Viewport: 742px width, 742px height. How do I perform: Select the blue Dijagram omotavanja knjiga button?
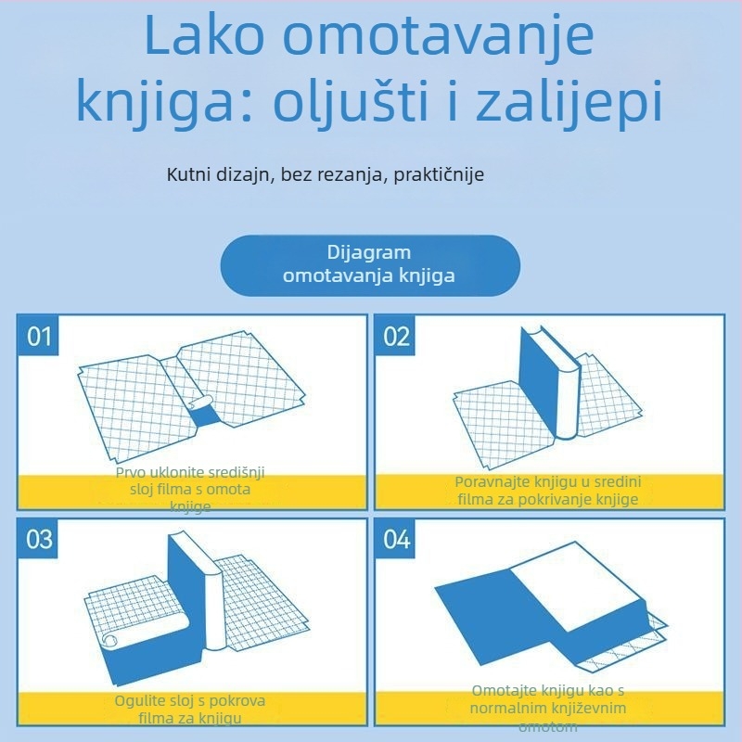click(x=369, y=264)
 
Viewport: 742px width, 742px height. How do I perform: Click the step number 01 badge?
click(x=39, y=336)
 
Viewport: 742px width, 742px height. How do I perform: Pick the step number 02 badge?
click(x=396, y=336)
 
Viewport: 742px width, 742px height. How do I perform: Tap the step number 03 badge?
click(x=39, y=539)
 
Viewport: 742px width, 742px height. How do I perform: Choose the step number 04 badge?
click(x=396, y=539)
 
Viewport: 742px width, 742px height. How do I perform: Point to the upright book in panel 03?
click(x=190, y=594)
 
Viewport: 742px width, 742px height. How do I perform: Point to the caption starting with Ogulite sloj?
click(x=190, y=709)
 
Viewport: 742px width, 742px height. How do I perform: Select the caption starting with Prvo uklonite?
click(x=190, y=489)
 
